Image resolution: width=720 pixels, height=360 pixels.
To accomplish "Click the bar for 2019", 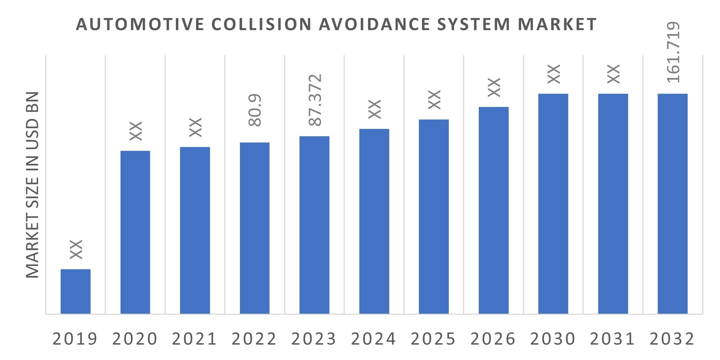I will coord(76,291).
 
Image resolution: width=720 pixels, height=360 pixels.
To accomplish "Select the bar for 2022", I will coord(255,228).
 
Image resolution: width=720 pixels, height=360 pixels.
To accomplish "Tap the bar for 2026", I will coord(493,210).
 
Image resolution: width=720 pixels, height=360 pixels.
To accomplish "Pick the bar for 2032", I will coord(672,204).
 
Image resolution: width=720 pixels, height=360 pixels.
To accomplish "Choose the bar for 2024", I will coord(374,221).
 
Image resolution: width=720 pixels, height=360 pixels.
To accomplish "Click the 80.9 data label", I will coord(255,110).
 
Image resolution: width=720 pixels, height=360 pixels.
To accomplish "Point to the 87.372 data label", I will coord(315,100).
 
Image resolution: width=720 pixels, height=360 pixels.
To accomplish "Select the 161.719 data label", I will coord(673,53).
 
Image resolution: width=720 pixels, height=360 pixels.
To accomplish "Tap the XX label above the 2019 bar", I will coord(76,249).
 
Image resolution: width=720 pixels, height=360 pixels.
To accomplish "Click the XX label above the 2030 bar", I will coord(554,74).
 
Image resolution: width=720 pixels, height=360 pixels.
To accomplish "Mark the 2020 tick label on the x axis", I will coord(135,339).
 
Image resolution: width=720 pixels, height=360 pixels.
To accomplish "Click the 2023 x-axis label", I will coord(314,339).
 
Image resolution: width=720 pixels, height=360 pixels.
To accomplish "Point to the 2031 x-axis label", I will coord(613,339).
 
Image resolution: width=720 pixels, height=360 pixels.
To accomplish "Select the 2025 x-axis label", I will coord(433,339).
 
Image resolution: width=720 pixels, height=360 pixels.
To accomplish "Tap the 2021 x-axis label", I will coord(195,339).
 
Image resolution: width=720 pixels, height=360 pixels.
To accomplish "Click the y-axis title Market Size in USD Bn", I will coord(32,185).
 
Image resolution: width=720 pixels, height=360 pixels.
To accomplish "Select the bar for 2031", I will coord(613,204).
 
